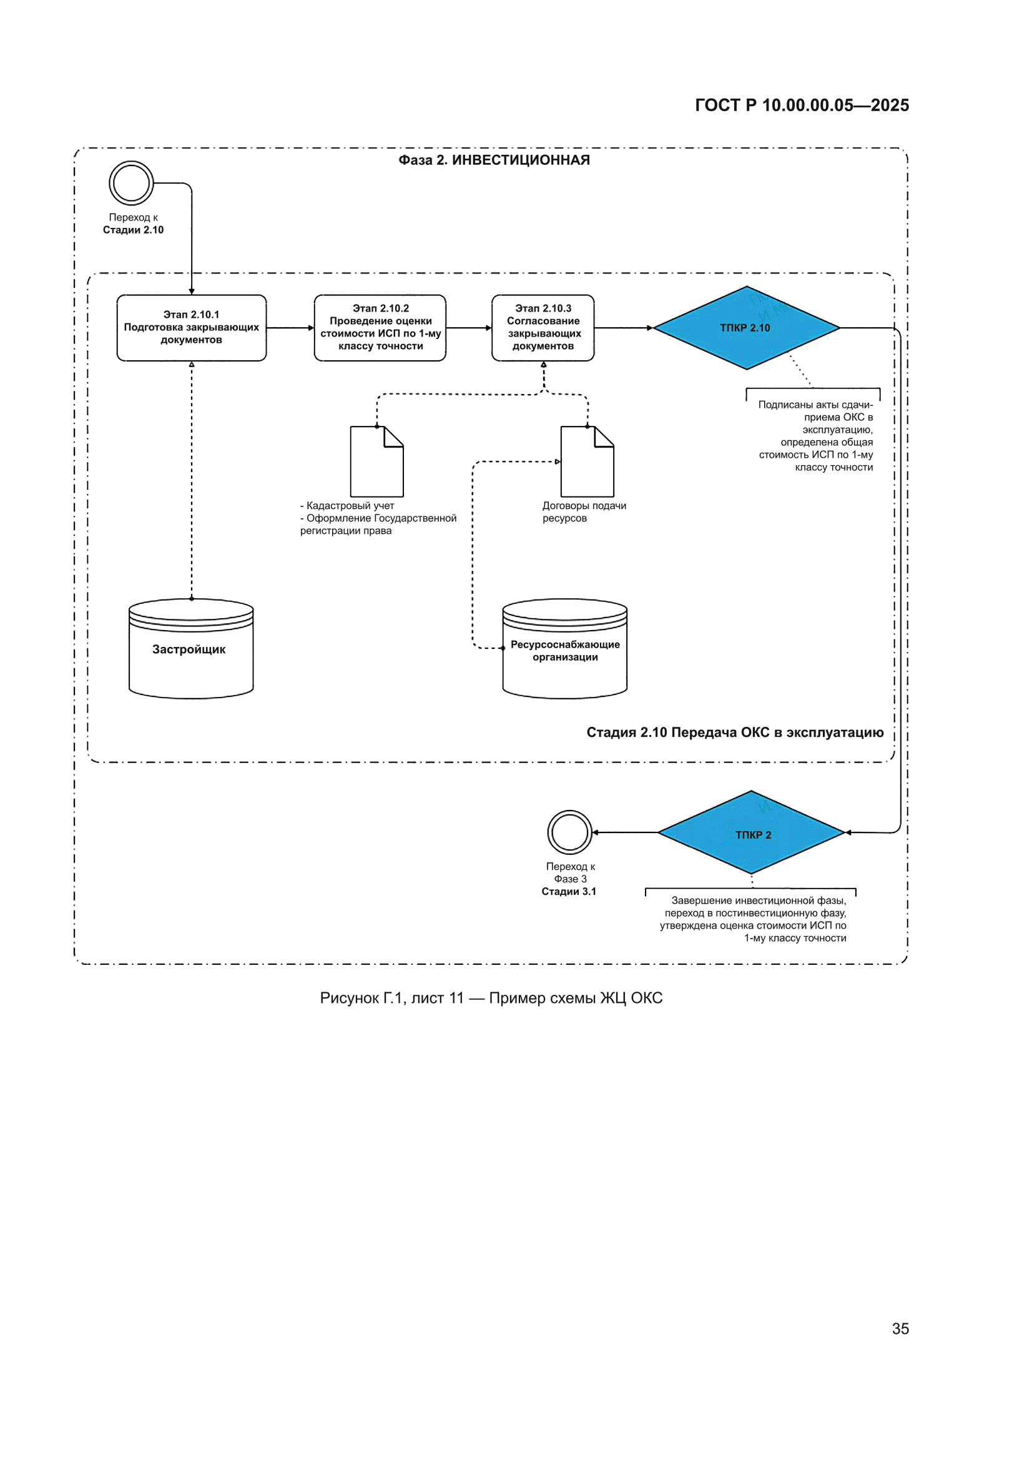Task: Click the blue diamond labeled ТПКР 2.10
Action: click(747, 327)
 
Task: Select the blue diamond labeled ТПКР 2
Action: click(751, 832)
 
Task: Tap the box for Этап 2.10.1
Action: click(192, 327)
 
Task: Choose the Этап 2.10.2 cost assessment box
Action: click(380, 327)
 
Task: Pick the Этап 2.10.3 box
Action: click(543, 327)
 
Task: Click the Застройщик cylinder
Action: click(192, 649)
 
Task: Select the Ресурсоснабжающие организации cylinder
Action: click(564, 649)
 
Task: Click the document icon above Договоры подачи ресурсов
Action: click(587, 461)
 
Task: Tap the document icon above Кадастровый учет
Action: click(377, 461)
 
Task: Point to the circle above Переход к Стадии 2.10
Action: click(131, 162)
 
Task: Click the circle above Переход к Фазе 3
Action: click(570, 811)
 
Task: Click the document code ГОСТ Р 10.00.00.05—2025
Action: click(802, 105)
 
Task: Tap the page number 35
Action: click(900, 1329)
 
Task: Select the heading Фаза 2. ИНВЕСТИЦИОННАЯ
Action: click(494, 160)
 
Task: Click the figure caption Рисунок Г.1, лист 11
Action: click(391, 999)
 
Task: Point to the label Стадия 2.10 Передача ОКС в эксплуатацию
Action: click(735, 732)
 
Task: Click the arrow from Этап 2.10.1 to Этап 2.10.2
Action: click(290, 328)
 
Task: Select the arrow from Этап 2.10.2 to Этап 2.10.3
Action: click(469, 328)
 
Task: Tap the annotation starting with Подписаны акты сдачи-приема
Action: click(816, 436)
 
